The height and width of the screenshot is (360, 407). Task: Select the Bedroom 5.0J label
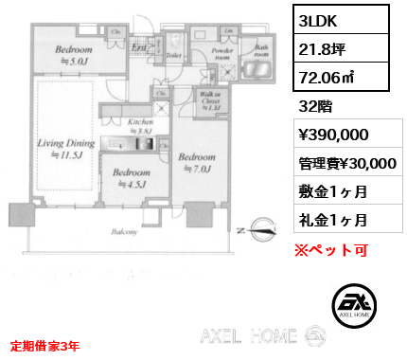coord(73,54)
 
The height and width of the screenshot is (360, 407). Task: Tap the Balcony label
coord(126,230)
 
